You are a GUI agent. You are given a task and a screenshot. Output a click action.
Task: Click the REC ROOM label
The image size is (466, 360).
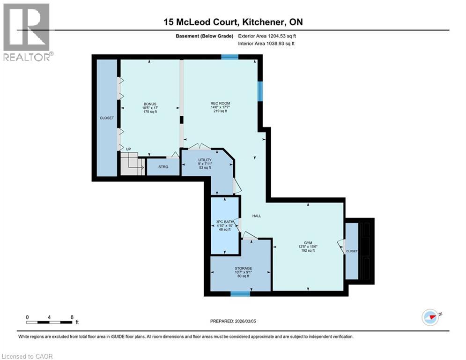tap(220, 103)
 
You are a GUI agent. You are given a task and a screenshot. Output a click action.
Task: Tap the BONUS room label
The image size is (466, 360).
tap(150, 104)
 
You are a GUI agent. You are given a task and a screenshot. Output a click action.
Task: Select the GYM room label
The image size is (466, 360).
tap(308, 242)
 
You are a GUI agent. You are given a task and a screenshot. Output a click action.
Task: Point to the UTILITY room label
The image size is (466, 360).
tap(205, 160)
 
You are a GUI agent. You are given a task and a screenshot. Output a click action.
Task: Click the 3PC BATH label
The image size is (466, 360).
tap(224, 221)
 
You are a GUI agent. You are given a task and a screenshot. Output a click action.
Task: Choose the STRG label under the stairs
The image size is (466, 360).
tap(163, 166)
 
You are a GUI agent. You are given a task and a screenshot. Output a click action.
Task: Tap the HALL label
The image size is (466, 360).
tap(257, 216)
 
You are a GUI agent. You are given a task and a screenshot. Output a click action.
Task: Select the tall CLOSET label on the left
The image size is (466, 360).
tap(107, 118)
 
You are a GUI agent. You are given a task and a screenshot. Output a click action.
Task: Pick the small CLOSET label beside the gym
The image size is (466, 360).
tap(352, 251)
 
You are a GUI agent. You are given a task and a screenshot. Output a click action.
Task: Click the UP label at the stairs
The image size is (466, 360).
tap(128, 150)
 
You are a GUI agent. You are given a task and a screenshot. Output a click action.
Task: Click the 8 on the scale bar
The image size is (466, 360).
tap(72, 317)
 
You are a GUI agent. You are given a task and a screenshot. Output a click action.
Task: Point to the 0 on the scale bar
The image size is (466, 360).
tap(28, 317)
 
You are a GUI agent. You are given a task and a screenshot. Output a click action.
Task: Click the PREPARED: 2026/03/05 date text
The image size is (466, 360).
tap(232, 321)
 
